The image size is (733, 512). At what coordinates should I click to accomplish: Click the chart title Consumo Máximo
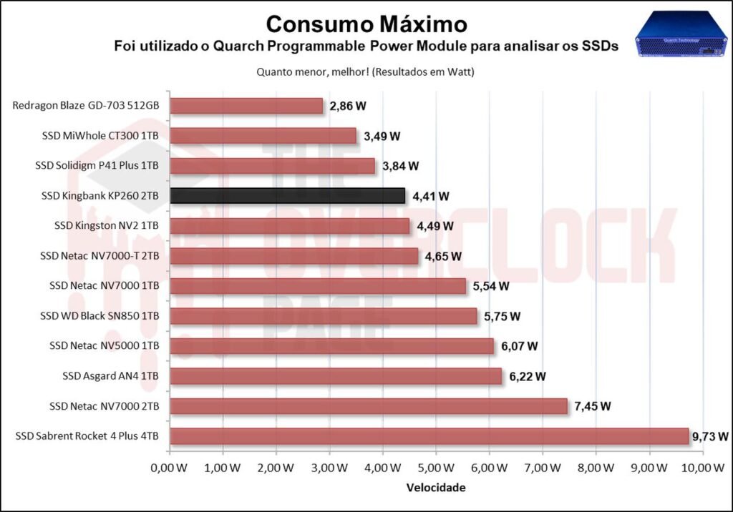pos(366,24)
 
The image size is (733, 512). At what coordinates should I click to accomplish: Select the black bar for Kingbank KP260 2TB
pos(287,196)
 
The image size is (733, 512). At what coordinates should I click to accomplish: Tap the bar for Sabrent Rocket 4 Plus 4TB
pos(429,436)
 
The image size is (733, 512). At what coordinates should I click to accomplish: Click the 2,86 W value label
pos(348,106)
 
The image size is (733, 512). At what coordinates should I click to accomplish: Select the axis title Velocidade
pos(436,488)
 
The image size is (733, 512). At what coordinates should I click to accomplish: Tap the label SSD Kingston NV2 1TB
pos(107,226)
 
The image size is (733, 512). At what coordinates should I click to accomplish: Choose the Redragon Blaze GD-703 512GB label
pos(86,106)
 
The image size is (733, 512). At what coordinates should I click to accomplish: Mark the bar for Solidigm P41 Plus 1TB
pos(273,166)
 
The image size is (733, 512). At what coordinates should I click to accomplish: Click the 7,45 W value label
pos(593,406)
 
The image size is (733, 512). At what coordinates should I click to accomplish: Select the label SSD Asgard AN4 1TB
pos(110,376)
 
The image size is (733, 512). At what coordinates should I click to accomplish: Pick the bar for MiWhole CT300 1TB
pos(263,136)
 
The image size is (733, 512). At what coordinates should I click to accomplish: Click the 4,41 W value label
pos(432,196)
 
